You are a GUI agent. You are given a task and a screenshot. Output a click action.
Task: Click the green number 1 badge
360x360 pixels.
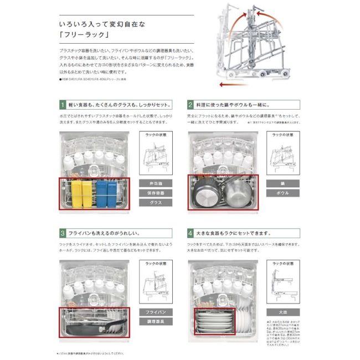click(62, 104)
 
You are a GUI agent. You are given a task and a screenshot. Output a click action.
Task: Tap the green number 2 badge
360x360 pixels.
click(191, 104)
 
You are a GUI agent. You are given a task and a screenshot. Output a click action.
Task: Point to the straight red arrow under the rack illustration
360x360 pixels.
click(233, 85)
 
